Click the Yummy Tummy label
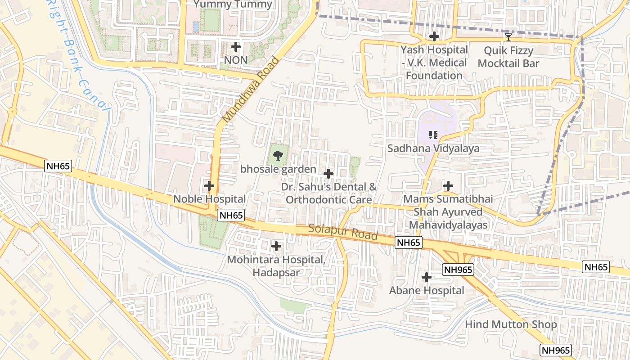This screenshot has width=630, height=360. pos(233,5)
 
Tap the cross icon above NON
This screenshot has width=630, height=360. pos(236,46)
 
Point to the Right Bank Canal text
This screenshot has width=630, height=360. pos(78,58)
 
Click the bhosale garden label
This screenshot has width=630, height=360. pos(278,169)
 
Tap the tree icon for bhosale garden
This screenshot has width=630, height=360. pos(278,156)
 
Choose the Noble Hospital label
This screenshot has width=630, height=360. pos(210,199)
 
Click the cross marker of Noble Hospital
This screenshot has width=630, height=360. pos(209,185)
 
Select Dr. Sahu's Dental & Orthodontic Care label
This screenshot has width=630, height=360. pos(329,193)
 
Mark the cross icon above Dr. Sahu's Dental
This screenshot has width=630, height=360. pos(328,174)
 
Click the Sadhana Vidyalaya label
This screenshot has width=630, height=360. pos(433,148)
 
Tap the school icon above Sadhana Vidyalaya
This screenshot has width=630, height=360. pos(433,135)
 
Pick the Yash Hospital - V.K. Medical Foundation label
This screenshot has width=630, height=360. pos(434,63)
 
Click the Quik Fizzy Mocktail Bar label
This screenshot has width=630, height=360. pos(508,57)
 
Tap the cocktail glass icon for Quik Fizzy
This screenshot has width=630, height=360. pos(508,37)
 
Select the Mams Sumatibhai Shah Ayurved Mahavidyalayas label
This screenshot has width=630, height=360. pos(448,212)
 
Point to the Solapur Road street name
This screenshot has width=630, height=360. pos(343,232)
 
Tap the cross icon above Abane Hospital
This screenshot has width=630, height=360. pos(427,277)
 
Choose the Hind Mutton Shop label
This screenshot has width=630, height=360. pos(511,324)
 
